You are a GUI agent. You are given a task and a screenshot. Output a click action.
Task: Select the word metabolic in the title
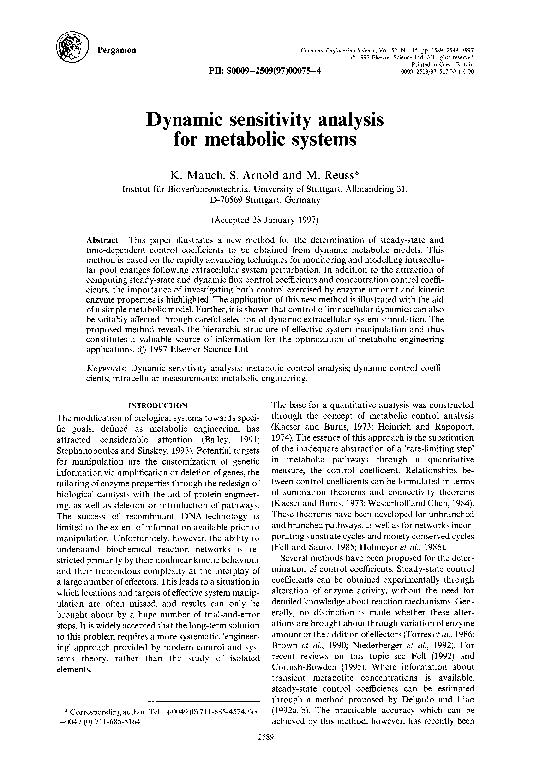[287, 142]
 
